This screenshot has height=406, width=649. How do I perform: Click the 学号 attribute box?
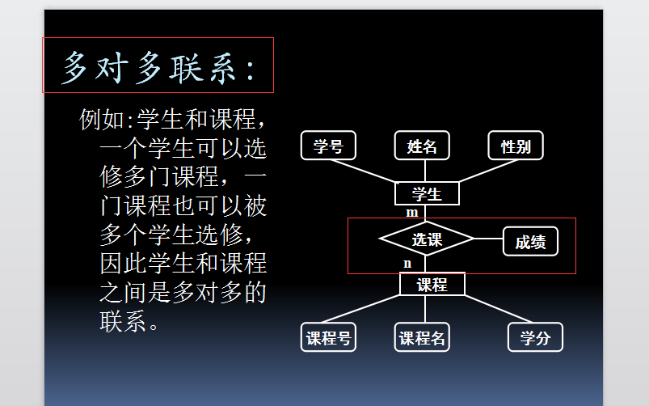click(x=328, y=146)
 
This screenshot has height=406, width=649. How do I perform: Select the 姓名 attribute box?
click(x=422, y=146)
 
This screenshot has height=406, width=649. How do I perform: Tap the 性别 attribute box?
click(x=516, y=146)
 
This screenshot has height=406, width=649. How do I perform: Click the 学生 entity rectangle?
click(x=427, y=193)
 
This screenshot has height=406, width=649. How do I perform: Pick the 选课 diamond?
click(x=426, y=239)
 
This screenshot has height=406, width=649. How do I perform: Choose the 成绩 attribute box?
click(x=530, y=242)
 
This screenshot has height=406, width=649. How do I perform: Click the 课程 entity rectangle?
click(x=432, y=284)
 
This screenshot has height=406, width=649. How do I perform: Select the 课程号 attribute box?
click(x=328, y=337)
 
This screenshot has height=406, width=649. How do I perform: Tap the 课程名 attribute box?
click(x=422, y=337)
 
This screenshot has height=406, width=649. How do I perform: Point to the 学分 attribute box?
click(x=535, y=337)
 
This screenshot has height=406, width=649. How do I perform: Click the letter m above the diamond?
click(x=412, y=213)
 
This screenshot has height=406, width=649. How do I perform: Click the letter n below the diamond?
click(x=407, y=264)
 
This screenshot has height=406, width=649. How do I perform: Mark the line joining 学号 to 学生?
click(x=363, y=171)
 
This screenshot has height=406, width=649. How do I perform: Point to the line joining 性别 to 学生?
click(x=488, y=171)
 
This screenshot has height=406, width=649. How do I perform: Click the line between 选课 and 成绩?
click(x=488, y=239)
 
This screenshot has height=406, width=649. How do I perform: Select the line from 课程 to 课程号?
click(x=360, y=309)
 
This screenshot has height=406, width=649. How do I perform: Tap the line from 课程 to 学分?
click(x=499, y=309)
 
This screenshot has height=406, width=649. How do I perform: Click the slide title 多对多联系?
click(x=158, y=67)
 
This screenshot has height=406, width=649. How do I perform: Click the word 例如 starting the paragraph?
click(x=102, y=120)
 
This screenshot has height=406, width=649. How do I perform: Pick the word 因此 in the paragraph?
click(x=124, y=263)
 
